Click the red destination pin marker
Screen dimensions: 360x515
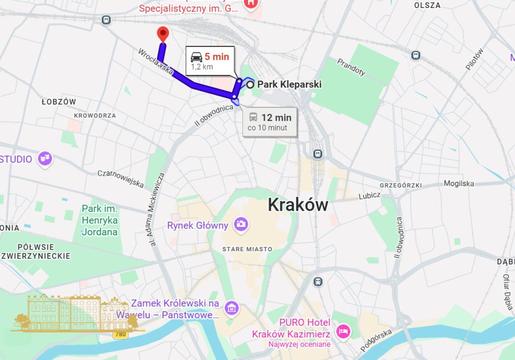(x=162, y=35)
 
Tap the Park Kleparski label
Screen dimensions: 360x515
(x=289, y=84)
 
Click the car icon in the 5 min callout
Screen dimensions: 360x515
(x=196, y=57)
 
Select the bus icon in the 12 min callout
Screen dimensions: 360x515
(x=253, y=118)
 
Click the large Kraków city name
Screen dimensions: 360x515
(x=298, y=204)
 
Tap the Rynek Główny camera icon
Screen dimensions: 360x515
(x=241, y=224)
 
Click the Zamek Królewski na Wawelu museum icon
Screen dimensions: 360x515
(x=232, y=307)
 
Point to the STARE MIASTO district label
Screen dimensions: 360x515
(x=247, y=249)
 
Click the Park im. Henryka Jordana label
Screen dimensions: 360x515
(x=100, y=220)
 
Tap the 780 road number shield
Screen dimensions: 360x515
(x=120, y=334)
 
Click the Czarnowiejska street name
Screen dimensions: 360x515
(x=121, y=177)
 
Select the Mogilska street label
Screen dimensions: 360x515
(x=458, y=184)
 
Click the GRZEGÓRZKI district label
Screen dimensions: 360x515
(x=400, y=185)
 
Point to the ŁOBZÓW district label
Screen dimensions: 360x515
(x=59, y=102)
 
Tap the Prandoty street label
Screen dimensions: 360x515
(x=351, y=67)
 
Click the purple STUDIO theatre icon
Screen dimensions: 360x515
(x=45, y=159)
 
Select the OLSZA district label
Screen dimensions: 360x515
(x=427, y=6)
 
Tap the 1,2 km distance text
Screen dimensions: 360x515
(x=201, y=66)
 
